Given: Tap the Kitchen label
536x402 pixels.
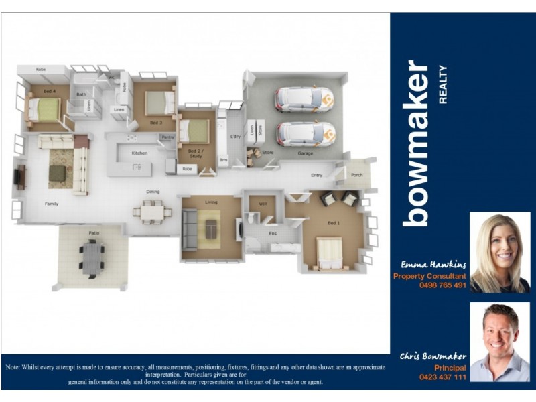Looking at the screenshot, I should [139, 153].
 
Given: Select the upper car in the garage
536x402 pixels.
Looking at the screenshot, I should [304, 99].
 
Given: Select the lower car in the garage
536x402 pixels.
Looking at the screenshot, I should [306, 133].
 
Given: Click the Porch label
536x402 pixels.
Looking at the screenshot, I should [356, 176].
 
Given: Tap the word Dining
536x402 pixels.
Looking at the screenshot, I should [153, 192].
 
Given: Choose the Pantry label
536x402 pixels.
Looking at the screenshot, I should [167, 137].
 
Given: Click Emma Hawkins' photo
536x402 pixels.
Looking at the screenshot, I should [500, 252].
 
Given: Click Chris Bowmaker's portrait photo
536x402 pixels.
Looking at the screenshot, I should [500, 341].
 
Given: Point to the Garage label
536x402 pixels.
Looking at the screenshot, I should [306, 153].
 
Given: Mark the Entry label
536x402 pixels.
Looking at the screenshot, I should [317, 176].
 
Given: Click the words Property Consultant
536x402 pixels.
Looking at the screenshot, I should [429, 276].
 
